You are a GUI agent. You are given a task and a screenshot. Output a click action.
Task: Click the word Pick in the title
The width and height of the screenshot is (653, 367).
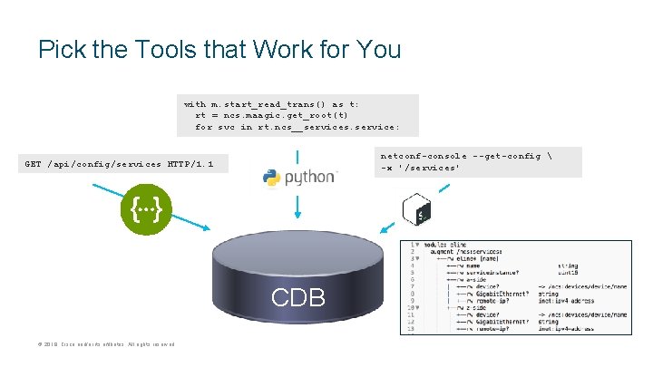click(61, 49)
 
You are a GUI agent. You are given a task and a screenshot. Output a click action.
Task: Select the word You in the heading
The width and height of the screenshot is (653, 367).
click(378, 49)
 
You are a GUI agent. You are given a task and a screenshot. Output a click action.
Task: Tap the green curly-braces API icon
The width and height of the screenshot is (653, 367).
click(145, 212)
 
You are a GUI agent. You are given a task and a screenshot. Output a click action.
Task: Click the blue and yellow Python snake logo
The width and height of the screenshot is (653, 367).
click(271, 178)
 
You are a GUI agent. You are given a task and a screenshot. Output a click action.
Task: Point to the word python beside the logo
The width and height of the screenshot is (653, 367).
click(310, 178)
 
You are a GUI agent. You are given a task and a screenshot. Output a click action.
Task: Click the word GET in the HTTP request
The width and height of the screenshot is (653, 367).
click(34, 164)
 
